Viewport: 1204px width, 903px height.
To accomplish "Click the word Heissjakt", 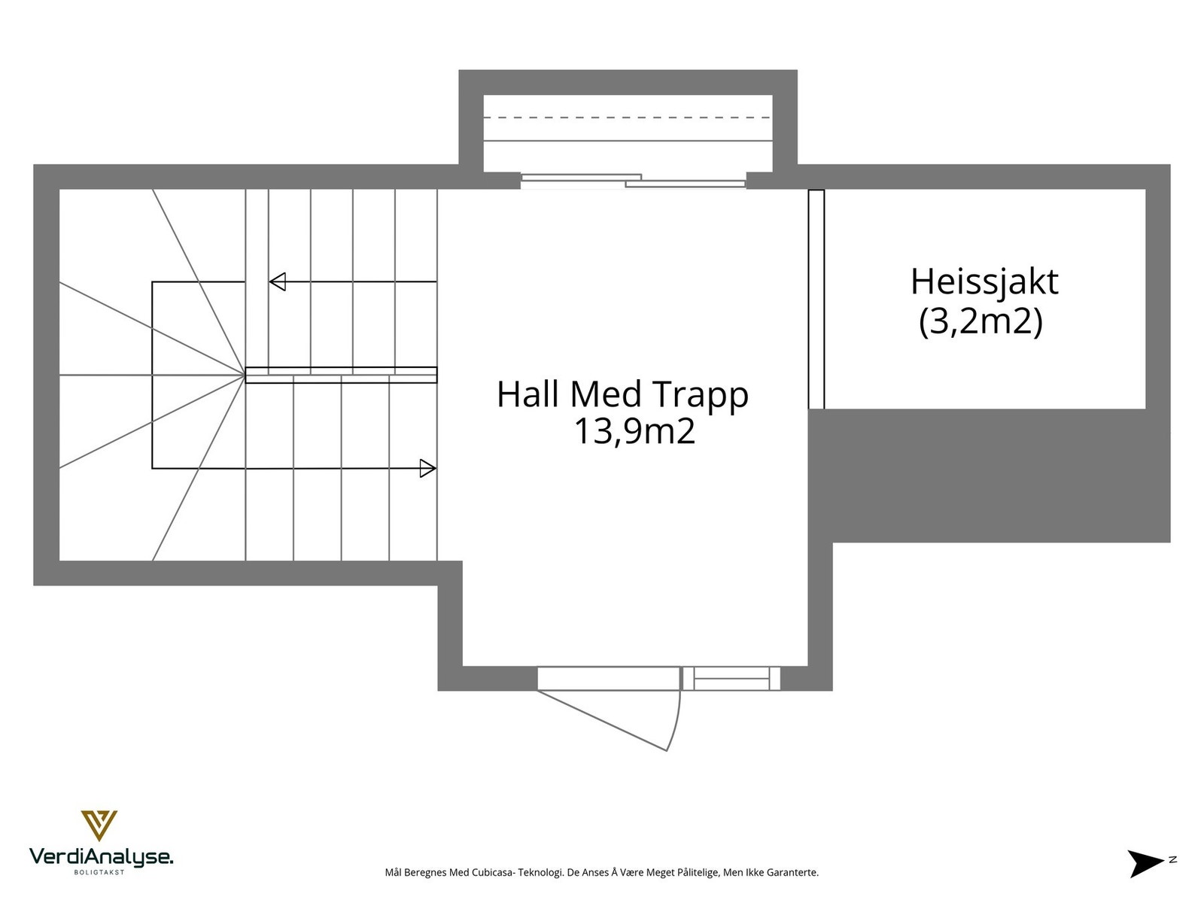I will [984, 283].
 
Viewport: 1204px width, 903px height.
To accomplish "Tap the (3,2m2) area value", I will [981, 322].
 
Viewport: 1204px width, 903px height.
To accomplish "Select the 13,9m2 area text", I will [634, 432].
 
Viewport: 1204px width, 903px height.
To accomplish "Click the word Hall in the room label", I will [527, 394].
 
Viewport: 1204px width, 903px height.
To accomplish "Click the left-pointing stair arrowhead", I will [277, 282].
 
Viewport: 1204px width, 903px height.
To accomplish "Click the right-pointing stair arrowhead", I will [427, 468].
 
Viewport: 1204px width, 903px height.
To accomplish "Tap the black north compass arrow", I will [1145, 862].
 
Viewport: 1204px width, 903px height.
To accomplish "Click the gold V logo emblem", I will [99, 825].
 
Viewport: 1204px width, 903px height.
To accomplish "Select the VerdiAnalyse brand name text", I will [101, 856].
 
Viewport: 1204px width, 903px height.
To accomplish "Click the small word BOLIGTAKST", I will [99, 872].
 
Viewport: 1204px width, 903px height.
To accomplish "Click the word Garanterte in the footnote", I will [795, 873].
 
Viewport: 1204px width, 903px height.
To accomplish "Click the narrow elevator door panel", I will [816, 299].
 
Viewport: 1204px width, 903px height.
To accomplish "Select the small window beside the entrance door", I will [731, 679].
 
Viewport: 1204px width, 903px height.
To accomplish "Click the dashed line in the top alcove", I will [628, 117].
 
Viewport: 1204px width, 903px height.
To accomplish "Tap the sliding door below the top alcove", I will [633, 181].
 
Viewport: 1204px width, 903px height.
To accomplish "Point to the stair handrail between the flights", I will [341, 375].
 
